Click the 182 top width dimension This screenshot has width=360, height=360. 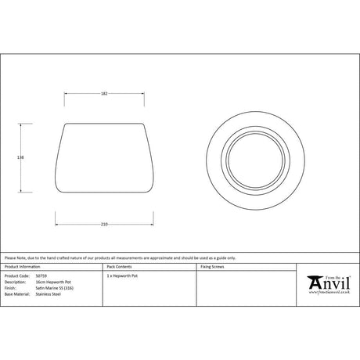coord(104,94)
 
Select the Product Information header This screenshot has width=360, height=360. coord(20,267)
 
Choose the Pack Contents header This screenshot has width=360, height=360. coord(118,267)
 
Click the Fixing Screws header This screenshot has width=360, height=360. coord(213,267)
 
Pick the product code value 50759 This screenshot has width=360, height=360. coord(41,276)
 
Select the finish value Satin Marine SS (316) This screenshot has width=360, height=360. coord(56,289)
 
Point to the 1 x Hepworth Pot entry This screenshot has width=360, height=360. coord(121,276)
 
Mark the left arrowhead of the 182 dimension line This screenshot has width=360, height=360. coord(65,94)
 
